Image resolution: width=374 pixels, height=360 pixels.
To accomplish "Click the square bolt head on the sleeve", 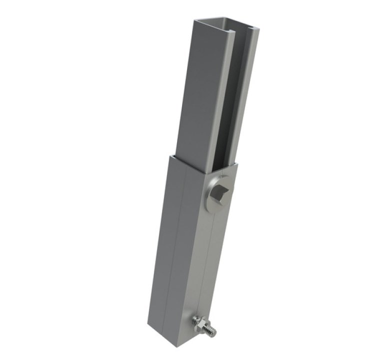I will [x=222, y=191].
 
